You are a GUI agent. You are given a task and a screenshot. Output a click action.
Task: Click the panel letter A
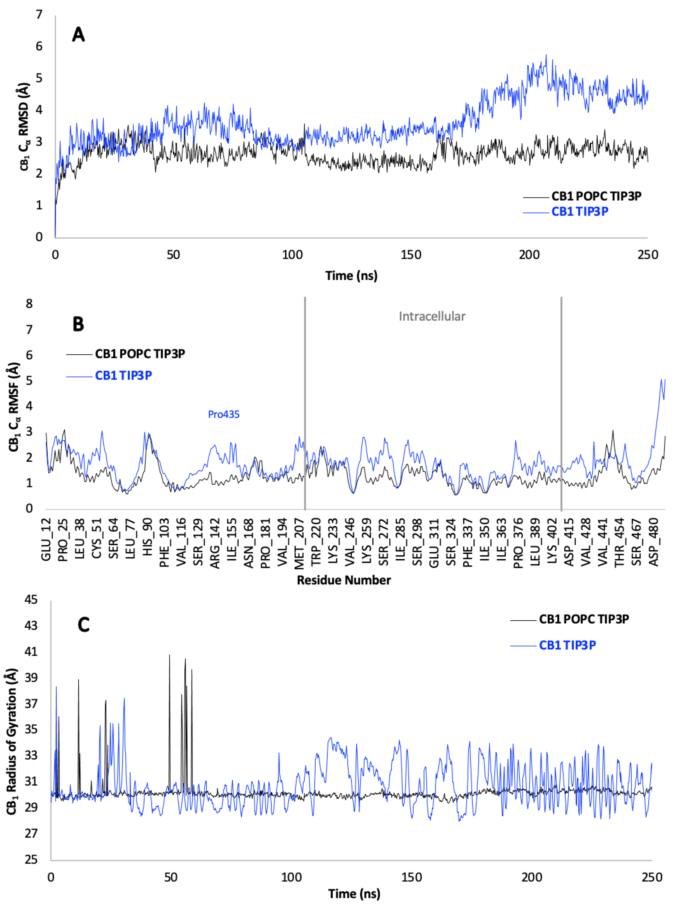pyautogui.click(x=78, y=34)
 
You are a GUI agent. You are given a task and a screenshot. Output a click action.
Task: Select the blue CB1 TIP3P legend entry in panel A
pyautogui.click(x=579, y=212)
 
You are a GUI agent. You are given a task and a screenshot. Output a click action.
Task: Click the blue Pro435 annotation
pyautogui.click(x=224, y=415)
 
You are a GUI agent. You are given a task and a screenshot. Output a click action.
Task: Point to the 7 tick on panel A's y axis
pyautogui.click(x=39, y=15)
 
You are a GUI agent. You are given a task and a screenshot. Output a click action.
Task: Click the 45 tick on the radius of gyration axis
pyautogui.click(x=31, y=600)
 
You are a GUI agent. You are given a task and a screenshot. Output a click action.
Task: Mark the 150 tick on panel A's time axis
pyautogui.click(x=411, y=255)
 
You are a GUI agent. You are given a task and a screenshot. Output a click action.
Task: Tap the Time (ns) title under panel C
pyautogui.click(x=354, y=894)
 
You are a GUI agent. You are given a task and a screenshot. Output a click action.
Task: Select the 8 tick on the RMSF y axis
pyautogui.click(x=29, y=304)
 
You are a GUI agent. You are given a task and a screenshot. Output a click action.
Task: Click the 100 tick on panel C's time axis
pyautogui.click(x=291, y=877)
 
